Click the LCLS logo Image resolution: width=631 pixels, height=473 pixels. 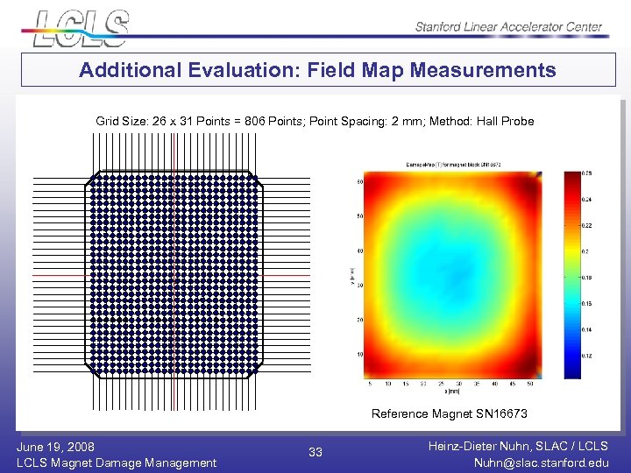[81, 26]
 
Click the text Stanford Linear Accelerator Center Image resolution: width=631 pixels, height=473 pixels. [508, 26]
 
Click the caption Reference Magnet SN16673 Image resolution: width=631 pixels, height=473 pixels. [449, 413]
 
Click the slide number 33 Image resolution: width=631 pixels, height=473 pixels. [315, 452]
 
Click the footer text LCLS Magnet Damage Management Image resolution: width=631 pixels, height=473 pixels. [117, 462]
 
